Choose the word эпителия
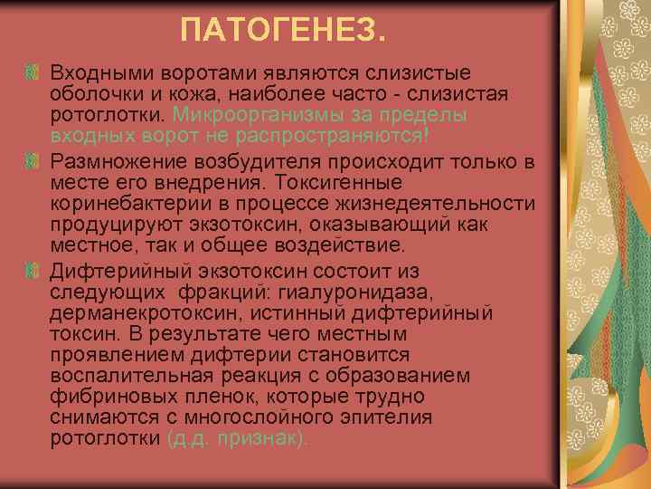point(392,417)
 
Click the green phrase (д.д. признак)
point(238,438)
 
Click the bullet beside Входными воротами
point(33,72)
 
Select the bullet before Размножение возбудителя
point(33,160)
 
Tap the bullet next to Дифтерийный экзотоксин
point(33,271)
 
